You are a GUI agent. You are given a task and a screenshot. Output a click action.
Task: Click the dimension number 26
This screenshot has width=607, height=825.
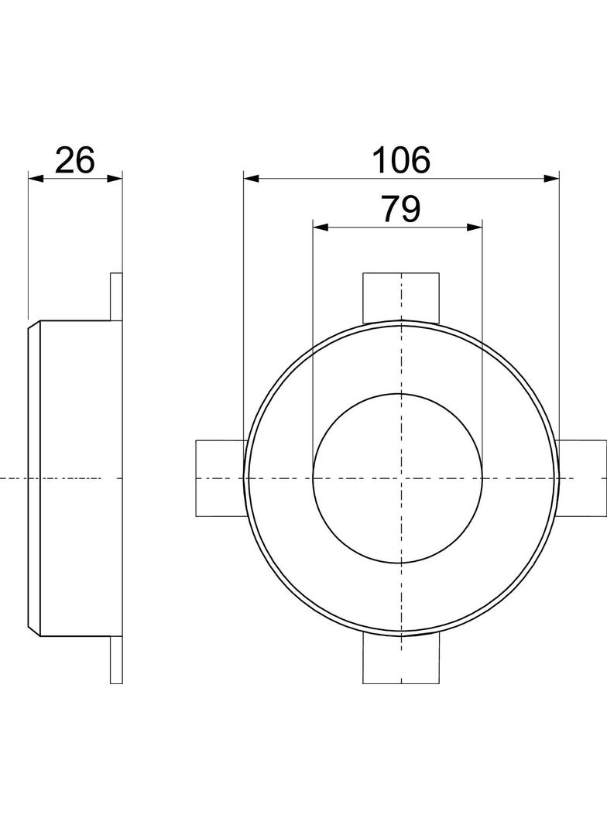pyautogui.click(x=75, y=160)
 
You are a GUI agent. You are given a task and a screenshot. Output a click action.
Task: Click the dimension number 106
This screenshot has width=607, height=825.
pyautogui.click(x=401, y=160)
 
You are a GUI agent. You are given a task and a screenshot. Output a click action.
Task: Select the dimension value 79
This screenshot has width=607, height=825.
pyautogui.click(x=401, y=209)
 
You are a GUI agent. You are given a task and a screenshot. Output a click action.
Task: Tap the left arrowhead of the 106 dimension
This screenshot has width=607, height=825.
pyautogui.click(x=251, y=178)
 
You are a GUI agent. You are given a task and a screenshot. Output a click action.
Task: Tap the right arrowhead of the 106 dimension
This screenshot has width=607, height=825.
pyautogui.click(x=551, y=178)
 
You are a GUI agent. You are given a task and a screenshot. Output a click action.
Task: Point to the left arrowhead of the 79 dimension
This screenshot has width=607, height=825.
pyautogui.click(x=321, y=228)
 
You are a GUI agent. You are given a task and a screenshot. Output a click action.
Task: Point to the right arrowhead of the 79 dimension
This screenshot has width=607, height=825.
pyautogui.click(x=475, y=228)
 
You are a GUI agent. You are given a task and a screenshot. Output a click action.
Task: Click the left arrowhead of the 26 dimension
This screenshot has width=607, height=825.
pyautogui.click(x=36, y=178)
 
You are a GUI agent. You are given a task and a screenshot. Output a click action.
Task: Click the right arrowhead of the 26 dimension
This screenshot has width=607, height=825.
pyautogui.click(x=115, y=178)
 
